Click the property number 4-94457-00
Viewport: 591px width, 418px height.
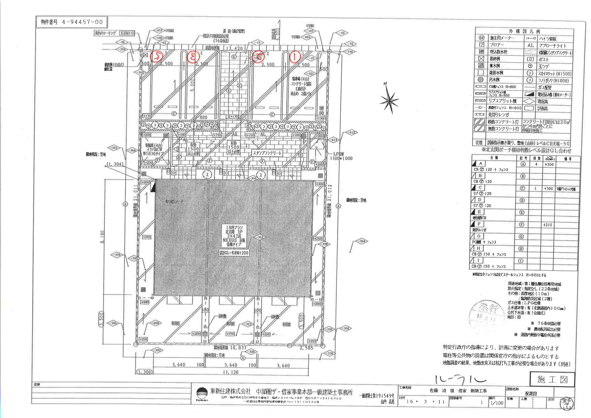[71, 22]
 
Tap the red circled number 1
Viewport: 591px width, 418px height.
[295, 56]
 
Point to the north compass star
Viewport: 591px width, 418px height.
[389, 100]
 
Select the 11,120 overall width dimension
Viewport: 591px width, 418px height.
[230, 372]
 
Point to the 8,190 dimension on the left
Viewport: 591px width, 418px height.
[103, 238]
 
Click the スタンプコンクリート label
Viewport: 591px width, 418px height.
[267, 153]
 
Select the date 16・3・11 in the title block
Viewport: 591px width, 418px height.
[421, 402]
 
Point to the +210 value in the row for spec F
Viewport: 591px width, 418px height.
[549, 225]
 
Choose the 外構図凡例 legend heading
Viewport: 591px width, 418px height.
[524, 31]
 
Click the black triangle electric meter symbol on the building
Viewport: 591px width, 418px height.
[153, 186]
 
